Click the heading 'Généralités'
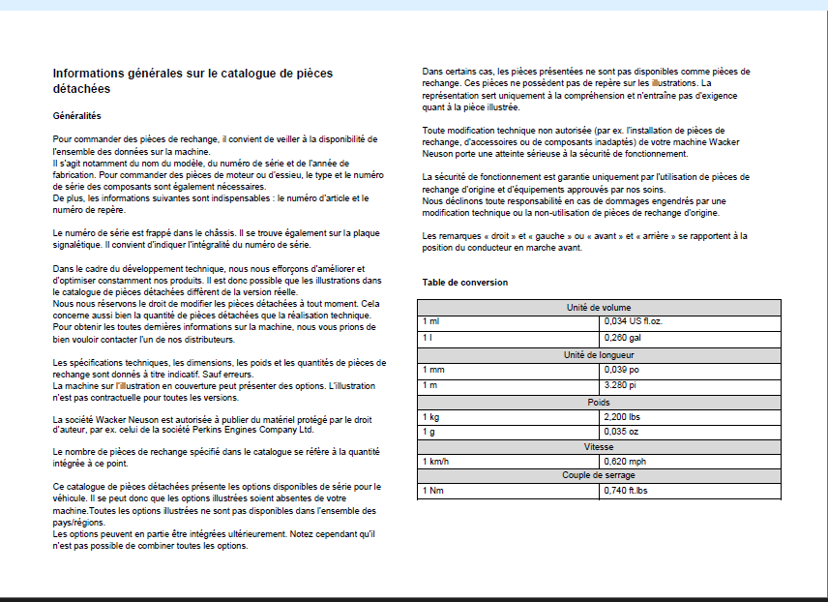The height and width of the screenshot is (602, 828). point(76,115)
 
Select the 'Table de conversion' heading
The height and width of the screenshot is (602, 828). point(464,283)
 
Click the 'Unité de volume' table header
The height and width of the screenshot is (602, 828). point(598,308)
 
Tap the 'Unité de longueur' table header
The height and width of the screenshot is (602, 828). point(598,355)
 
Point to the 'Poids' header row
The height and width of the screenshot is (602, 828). point(598,403)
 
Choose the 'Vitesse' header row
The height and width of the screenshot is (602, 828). point(598,447)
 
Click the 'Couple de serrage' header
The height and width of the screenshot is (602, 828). point(598,476)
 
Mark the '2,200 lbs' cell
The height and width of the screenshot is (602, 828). point(621,417)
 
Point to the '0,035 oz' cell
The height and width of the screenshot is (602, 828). point(620,432)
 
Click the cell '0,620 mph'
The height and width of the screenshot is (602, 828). point(624,462)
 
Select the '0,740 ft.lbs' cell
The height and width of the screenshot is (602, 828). point(627,492)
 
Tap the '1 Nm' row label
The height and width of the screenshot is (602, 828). point(431,492)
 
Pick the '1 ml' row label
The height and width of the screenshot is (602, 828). point(429,321)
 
